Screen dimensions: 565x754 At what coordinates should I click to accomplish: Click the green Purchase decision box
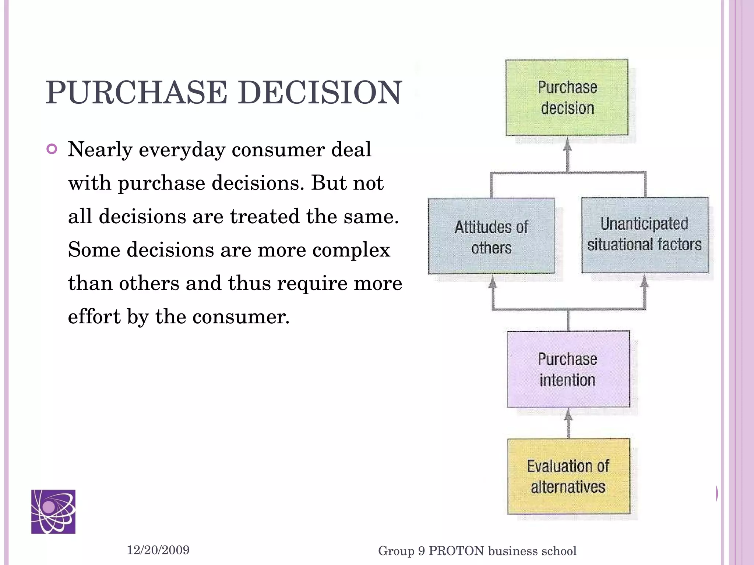pos(567,97)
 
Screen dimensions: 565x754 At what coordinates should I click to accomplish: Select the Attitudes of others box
pos(491,237)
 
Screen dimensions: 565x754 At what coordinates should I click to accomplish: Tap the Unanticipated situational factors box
pos(645,235)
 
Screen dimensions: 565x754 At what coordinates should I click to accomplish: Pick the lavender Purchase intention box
pos(568,369)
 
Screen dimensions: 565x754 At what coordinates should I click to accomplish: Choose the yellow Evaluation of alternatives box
pos(568,476)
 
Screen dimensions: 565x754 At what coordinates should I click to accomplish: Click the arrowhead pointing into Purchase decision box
pos(568,145)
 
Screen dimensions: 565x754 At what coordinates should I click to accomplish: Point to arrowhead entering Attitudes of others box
pos(493,282)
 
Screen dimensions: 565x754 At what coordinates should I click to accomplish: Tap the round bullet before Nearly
pos(52,149)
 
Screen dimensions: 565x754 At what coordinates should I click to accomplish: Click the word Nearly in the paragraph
pos(100,150)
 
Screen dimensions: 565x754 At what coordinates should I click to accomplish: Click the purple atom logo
pos(53,511)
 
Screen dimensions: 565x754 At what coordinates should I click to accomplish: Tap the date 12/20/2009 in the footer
pos(158,550)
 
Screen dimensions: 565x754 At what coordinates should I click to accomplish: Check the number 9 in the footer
pos(421,551)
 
